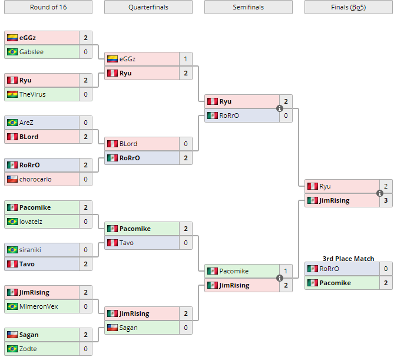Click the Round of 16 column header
[x=48, y=7]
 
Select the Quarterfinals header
[x=148, y=7]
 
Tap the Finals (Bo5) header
[x=348, y=7]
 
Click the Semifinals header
[x=248, y=7]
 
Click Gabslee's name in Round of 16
[x=31, y=52]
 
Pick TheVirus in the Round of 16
[x=32, y=94]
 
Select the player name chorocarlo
[x=35, y=179]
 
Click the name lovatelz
[x=31, y=222]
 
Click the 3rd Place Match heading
[x=348, y=259]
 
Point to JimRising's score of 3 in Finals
[x=386, y=200]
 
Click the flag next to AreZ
[x=12, y=123]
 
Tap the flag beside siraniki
[x=12, y=250]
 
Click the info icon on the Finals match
[x=380, y=193]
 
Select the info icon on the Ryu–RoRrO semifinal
[x=280, y=108]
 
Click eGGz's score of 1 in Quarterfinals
[x=186, y=59]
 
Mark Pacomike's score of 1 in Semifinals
[x=286, y=271]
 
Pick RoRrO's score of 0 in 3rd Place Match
[x=386, y=269]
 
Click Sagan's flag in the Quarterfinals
[x=112, y=328]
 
